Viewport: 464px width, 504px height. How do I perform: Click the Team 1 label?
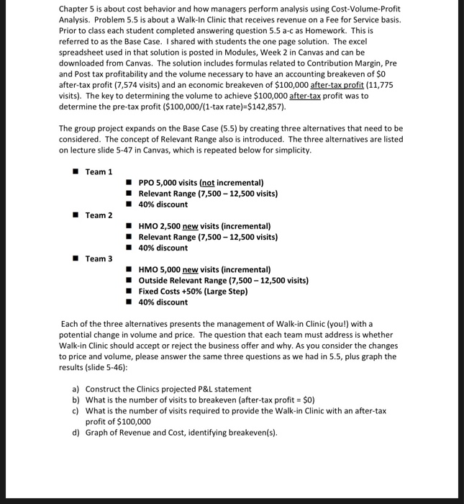pyautogui.click(x=99, y=171)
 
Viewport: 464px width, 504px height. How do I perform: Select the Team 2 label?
pyautogui.click(x=99, y=215)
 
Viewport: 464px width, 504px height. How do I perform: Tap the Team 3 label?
pyautogui.click(x=99, y=258)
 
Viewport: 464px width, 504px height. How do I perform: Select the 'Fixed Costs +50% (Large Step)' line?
pyautogui.click(x=194, y=291)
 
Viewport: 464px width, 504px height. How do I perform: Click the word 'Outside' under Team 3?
pyautogui.click(x=153, y=280)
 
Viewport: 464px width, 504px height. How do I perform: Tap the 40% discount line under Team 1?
pyautogui.click(x=163, y=204)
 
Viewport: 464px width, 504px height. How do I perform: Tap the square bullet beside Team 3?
pyautogui.click(x=74, y=258)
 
